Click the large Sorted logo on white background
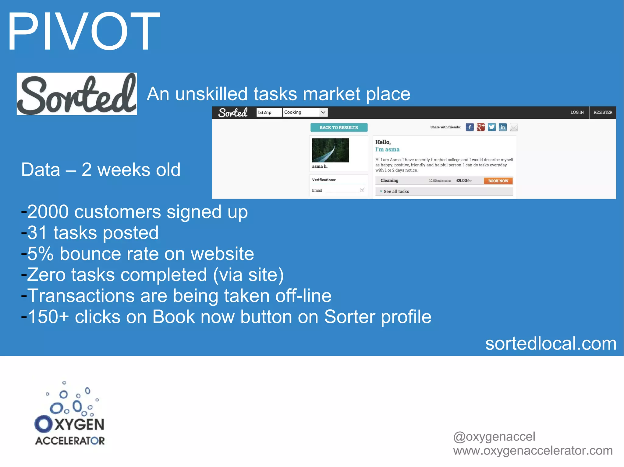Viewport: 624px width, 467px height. pyautogui.click(x=77, y=94)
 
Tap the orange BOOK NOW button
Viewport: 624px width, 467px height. pyautogui.click(x=498, y=181)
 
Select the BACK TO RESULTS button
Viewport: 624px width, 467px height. pyautogui.click(x=339, y=127)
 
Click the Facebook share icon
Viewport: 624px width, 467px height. pyautogui.click(x=470, y=127)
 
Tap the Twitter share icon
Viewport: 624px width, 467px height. pyautogui.click(x=491, y=127)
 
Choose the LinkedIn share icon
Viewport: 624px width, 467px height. pyautogui.click(x=503, y=127)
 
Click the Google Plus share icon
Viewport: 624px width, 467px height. pyautogui.click(x=480, y=127)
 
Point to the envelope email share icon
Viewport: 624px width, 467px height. pyautogui.click(x=514, y=127)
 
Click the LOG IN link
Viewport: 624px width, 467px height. pyautogui.click(x=577, y=112)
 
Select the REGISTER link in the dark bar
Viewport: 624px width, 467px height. pyautogui.click(x=603, y=112)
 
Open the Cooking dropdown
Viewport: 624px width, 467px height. pyautogui.click(x=305, y=112)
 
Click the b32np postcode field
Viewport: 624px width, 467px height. pyautogui.click(x=269, y=112)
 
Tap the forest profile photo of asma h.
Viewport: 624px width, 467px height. pyautogui.click(x=330, y=150)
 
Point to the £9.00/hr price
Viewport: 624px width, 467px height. pyautogui.click(x=464, y=181)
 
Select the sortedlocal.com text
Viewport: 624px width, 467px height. pyautogui.click(x=551, y=343)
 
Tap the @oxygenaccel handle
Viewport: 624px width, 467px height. pyautogui.click(x=494, y=437)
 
